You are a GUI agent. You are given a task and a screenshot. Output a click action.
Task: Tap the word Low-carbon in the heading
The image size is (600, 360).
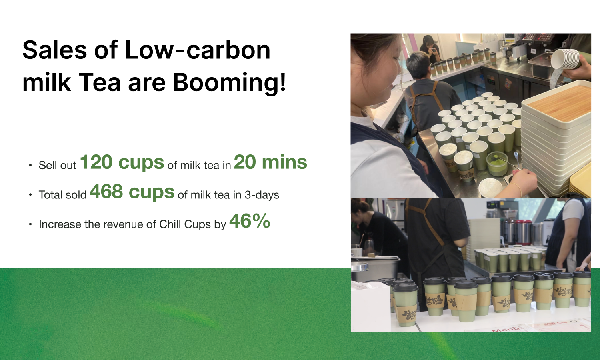[x=198, y=50]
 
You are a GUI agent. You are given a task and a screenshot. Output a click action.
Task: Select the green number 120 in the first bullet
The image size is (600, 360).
[x=96, y=162]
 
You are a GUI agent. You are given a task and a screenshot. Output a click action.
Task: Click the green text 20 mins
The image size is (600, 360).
[x=270, y=162]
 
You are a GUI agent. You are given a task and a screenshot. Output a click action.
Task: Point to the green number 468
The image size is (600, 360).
[x=106, y=192]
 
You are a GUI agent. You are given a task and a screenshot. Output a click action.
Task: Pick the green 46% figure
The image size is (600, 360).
[x=250, y=221]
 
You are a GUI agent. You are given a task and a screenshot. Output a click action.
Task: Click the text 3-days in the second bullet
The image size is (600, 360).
[x=262, y=195]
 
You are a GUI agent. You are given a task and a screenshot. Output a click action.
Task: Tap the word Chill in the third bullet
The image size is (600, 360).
[x=170, y=224]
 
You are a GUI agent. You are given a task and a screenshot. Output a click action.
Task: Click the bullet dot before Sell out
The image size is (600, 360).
[x=30, y=166]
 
